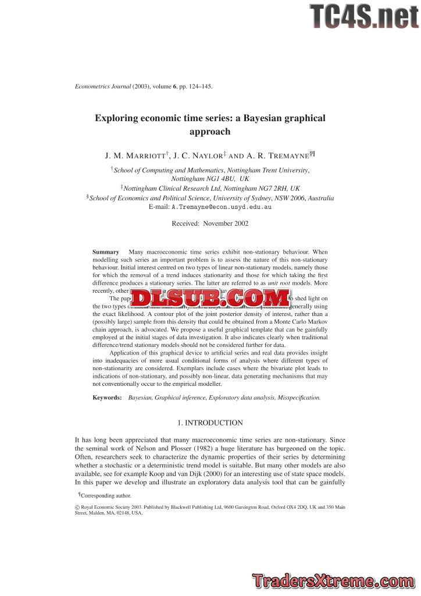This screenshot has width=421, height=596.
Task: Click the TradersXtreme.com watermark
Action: click(334, 580)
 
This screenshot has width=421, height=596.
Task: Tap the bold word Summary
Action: click(106, 251)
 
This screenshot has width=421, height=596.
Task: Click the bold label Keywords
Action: click(108, 397)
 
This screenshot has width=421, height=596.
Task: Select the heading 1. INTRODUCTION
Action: click(210, 423)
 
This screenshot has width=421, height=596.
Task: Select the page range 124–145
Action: click(198, 86)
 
